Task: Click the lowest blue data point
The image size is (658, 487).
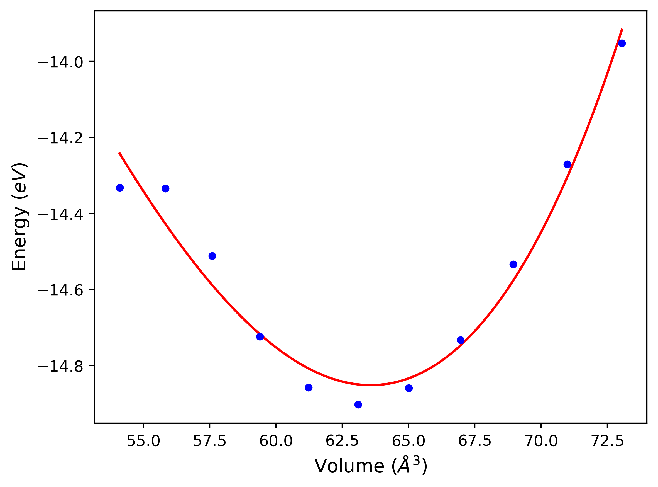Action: (x=358, y=405)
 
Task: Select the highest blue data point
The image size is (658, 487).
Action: (x=622, y=43)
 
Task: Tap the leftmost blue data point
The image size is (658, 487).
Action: (x=120, y=188)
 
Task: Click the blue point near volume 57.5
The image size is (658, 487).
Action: (x=212, y=256)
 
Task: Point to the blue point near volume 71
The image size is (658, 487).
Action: (x=567, y=164)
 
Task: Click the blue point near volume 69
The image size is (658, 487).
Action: (x=513, y=265)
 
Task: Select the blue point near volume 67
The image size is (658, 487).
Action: (x=461, y=340)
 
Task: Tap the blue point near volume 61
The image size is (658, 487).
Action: (x=309, y=388)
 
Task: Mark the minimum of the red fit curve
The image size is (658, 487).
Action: (x=371, y=385)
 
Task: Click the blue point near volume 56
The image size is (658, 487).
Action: (x=165, y=189)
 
